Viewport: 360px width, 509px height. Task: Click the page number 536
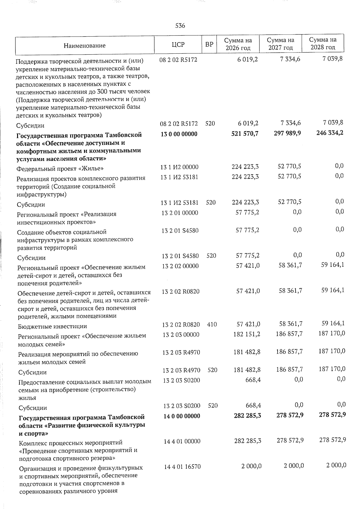pos(180,26)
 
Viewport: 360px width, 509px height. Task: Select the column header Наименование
pos(85,46)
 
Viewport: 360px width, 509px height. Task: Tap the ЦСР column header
pos(178,45)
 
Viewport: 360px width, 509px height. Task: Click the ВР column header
pos(209,45)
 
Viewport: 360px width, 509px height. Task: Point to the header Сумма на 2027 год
pos(280,44)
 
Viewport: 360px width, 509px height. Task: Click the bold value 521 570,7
pos(245,133)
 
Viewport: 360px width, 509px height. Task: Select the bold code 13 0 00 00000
pos(179,134)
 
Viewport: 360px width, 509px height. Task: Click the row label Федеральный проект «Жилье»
pos(60,168)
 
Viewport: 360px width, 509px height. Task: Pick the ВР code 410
pos(212,324)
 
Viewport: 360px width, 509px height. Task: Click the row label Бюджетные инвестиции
pos(52,326)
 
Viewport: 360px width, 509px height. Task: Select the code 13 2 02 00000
pos(180,266)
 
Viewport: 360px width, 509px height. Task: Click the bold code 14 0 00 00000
pos(181,416)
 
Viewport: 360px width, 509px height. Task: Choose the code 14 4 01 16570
pos(182,467)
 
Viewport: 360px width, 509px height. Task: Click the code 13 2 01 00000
pos(180,213)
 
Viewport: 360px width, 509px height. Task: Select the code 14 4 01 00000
pos(182,442)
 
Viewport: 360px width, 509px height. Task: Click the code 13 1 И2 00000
pos(179,167)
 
